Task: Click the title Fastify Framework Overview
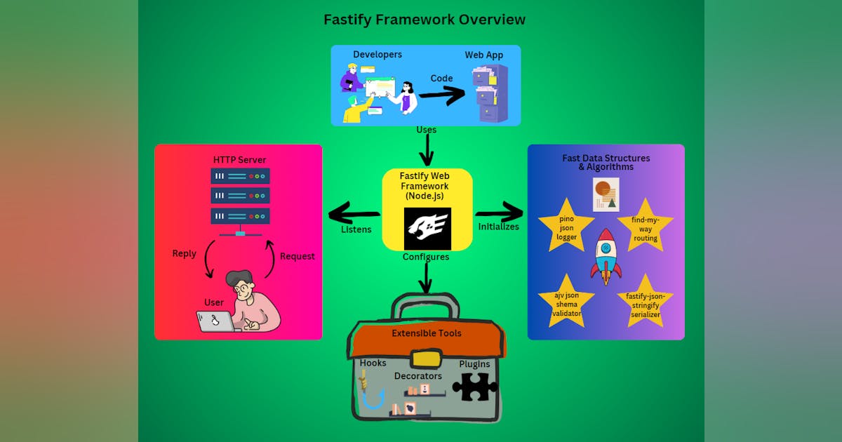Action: [x=424, y=20]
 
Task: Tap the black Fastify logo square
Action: [x=427, y=229]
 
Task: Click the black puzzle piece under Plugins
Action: [x=475, y=386]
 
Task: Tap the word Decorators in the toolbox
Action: [x=418, y=376]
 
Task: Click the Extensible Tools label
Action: [x=427, y=333]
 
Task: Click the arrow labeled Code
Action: [x=442, y=95]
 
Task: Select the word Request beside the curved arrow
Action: [x=297, y=256]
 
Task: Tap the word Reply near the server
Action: [x=185, y=253]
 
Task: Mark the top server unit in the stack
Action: [x=240, y=175]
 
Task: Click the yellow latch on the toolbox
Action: [x=426, y=359]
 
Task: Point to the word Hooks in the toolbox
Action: [x=373, y=363]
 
